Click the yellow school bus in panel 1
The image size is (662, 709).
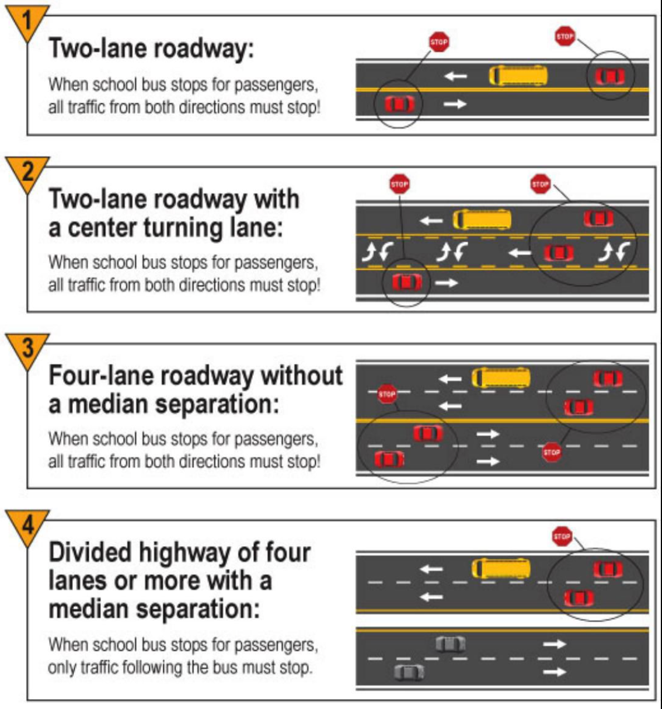(x=518, y=75)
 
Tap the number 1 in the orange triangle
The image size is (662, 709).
(x=26, y=21)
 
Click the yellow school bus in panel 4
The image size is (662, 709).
(x=501, y=568)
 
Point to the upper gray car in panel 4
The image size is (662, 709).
(x=451, y=644)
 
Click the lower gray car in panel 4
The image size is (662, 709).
(x=409, y=672)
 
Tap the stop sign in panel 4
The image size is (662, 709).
(x=562, y=536)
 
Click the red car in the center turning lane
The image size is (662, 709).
(x=559, y=253)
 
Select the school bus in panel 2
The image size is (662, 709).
(x=482, y=220)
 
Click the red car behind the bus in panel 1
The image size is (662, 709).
(x=609, y=77)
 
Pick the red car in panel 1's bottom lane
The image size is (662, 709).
(x=399, y=105)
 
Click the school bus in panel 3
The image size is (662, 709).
(x=501, y=377)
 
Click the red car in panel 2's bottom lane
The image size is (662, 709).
(x=406, y=283)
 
